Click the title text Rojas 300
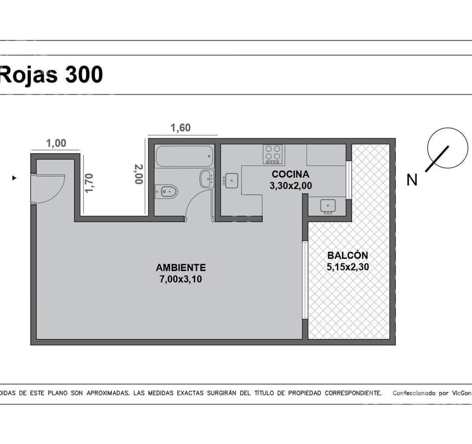point(51,75)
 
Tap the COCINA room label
point(290,174)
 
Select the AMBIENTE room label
point(181,268)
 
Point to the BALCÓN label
point(348,255)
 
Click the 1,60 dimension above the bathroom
point(181,128)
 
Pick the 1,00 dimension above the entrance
point(56,143)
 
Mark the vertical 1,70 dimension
point(89,183)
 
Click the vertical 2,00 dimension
point(139,174)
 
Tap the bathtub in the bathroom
point(184,156)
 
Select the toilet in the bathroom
point(166,191)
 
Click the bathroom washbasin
point(207,179)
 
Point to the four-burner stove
point(272,154)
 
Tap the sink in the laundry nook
point(328,207)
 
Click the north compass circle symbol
point(447,148)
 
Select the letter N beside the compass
point(412,180)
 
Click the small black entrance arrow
point(14,178)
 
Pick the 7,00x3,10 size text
point(181,279)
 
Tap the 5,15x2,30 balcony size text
point(348,267)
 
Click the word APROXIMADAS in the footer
point(108,393)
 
